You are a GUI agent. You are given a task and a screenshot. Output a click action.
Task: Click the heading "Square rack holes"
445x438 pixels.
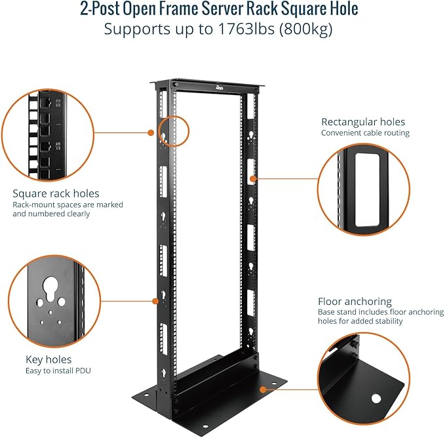tap(56, 193)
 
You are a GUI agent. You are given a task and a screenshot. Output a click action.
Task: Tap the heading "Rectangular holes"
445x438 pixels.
tap(362, 122)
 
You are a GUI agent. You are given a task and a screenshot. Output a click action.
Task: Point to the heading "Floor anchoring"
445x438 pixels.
tap(355, 302)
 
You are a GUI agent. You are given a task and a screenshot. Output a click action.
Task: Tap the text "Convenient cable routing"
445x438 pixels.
tap(365, 133)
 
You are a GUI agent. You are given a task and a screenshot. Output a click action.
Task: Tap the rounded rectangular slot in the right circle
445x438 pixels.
tap(362, 190)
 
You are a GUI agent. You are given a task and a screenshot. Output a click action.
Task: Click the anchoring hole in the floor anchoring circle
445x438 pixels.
tap(376, 398)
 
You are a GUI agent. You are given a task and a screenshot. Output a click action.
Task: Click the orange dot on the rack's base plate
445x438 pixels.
tap(262, 389)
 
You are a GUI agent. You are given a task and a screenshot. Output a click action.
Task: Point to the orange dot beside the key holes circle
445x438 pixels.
tap(156, 302)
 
